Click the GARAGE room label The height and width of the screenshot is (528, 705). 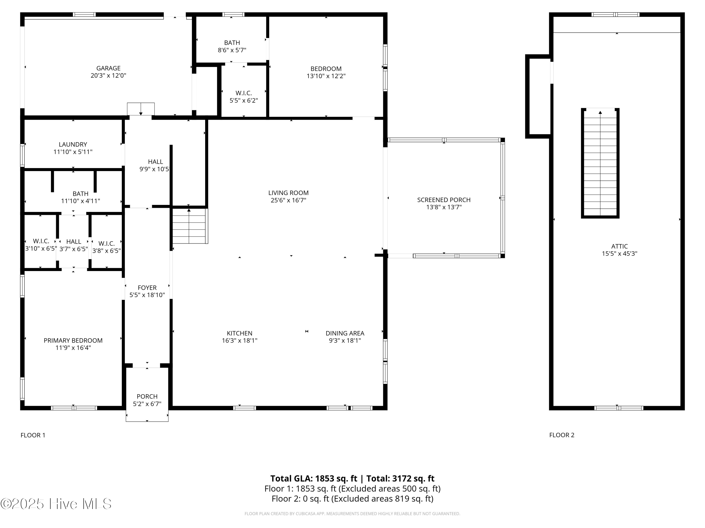point(108,68)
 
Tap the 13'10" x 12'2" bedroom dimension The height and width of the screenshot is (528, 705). point(326,76)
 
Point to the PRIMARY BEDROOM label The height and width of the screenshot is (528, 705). point(73,341)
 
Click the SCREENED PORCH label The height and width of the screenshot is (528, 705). point(444,200)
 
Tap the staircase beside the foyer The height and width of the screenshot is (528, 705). point(190,226)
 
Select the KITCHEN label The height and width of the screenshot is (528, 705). point(239,333)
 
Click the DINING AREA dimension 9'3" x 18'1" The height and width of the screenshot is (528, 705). point(345,341)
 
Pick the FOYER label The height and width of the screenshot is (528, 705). point(147,288)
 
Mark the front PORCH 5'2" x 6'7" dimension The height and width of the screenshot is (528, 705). point(147,404)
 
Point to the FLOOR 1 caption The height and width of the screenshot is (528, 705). point(33,435)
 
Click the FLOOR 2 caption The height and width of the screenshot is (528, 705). point(562,435)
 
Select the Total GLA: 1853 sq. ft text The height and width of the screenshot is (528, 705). point(314,478)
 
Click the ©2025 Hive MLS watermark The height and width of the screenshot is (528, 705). point(56,504)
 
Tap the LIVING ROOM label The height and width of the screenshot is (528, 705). point(288,193)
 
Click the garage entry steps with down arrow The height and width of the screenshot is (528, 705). point(141,109)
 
